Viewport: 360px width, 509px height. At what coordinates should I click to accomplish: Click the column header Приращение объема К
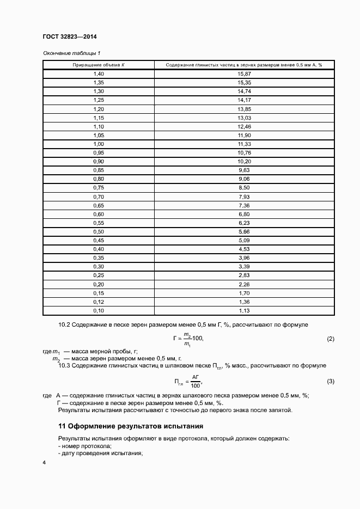pos(99,65)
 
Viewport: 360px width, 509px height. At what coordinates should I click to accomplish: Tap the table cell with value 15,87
pos(243,73)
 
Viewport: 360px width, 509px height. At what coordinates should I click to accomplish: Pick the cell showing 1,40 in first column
pos(99,73)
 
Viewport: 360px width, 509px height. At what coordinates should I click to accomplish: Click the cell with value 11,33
pos(243,144)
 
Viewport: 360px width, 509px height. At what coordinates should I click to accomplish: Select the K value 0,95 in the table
pos(99,152)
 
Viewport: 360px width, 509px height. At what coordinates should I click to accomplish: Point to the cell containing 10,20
pos(243,161)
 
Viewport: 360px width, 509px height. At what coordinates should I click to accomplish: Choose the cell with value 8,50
pos(243,188)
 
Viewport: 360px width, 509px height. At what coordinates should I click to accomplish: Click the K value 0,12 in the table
pos(99,302)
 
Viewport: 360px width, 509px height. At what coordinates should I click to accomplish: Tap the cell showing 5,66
pos(243,231)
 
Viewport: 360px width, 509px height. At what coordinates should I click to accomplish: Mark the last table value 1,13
pos(243,310)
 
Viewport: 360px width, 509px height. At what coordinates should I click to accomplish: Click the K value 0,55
pos(99,223)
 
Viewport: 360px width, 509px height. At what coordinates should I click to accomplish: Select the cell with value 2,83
pos(243,275)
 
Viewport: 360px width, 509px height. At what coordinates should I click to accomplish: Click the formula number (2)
pos(330,339)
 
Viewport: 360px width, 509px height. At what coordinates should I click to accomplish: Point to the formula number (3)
pos(330,381)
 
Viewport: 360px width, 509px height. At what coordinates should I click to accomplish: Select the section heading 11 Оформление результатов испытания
pos(131,426)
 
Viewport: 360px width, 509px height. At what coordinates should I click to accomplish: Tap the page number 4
pos(44,462)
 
